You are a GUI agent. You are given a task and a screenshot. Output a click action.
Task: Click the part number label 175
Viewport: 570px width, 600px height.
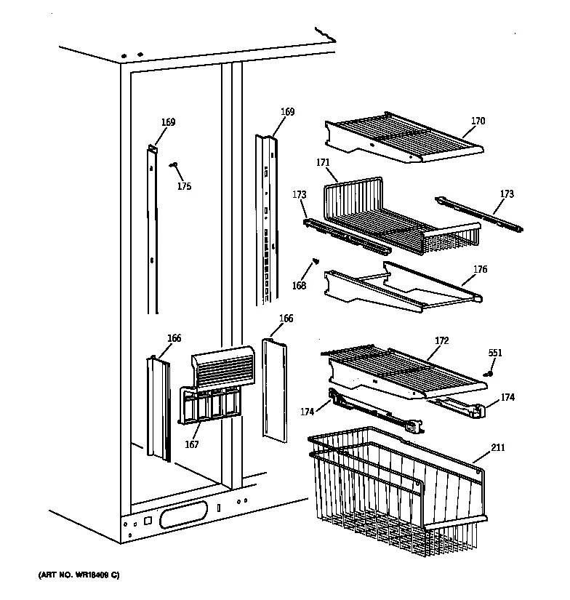pyautogui.click(x=185, y=187)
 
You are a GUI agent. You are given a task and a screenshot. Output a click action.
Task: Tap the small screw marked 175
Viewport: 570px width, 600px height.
pyautogui.click(x=174, y=166)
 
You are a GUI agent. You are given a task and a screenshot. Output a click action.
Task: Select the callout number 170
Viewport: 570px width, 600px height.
pyautogui.click(x=477, y=121)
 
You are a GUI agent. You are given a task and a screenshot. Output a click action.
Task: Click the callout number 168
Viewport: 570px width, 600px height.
pyautogui.click(x=299, y=286)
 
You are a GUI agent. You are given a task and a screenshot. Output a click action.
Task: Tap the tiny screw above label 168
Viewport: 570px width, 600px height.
pyautogui.click(x=315, y=260)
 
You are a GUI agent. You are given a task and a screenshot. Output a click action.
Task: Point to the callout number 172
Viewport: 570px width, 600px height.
pyautogui.click(x=442, y=340)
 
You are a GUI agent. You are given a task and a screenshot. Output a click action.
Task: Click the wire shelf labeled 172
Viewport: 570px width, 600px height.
pyautogui.click(x=400, y=367)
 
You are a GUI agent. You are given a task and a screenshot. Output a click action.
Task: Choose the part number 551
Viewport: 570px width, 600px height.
pyautogui.click(x=494, y=353)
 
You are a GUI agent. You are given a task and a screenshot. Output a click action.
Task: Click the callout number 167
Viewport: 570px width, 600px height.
pyautogui.click(x=193, y=445)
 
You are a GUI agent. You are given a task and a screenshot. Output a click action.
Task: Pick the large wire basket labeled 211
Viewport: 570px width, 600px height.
pyautogui.click(x=393, y=487)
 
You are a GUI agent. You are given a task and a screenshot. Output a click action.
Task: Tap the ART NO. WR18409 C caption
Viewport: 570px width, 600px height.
pyautogui.click(x=79, y=575)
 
